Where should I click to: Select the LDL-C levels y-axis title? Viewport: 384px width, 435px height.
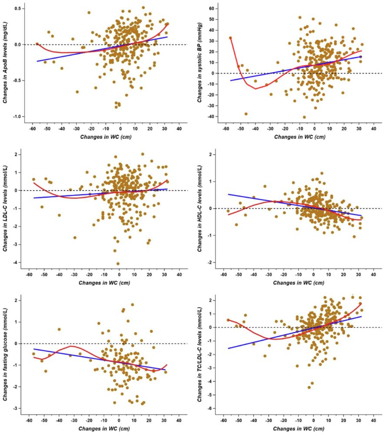coord(5,209)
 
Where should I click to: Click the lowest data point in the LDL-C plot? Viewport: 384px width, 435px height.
coord(118,264)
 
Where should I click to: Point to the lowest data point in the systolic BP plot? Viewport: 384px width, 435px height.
coord(304,117)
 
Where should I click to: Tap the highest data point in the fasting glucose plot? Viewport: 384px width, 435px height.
coord(132,305)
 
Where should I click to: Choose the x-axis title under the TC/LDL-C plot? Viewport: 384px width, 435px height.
coord(299,429)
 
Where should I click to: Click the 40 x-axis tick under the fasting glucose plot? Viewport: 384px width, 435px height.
coord(179,421)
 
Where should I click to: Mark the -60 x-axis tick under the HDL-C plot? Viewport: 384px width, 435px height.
coord(225,275)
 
